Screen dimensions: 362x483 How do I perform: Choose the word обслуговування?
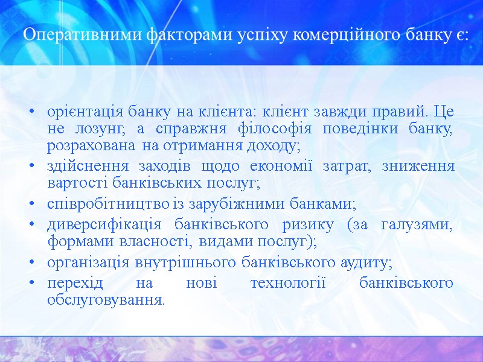tap(105, 300)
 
